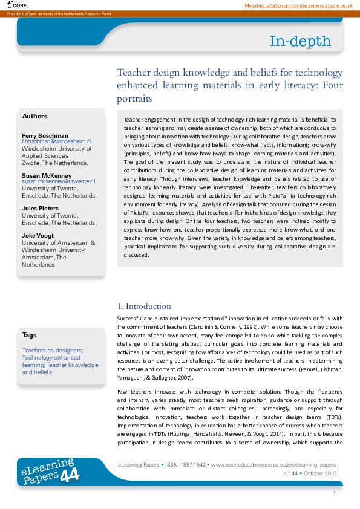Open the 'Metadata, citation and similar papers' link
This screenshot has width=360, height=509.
point(298,5)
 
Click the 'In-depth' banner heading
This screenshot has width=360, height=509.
point(300,41)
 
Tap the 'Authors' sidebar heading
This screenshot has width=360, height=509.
point(34,116)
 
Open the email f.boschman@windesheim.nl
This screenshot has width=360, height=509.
point(56,141)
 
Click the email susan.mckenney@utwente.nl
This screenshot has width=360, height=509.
point(58,181)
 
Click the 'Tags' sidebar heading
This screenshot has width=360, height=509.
point(30,335)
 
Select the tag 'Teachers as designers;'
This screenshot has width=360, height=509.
point(53,350)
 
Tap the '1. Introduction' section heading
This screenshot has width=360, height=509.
point(144,306)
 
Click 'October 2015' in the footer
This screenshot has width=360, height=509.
point(321,473)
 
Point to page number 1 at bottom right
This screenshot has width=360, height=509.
point(334,493)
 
